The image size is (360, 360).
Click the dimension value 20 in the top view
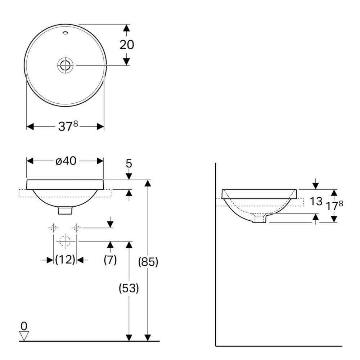pos(127,45)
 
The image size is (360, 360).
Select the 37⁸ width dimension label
pos(68,126)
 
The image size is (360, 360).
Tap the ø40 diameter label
pos(66,161)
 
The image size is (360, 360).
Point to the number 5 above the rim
pos(129,163)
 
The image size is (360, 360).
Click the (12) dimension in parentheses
pos(65,260)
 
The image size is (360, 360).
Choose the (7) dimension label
pos(110,260)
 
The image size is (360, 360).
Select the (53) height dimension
pos(129,288)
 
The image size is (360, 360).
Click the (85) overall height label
pos(148,262)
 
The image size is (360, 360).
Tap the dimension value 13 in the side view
pos(316,201)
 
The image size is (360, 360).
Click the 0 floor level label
pos(24,326)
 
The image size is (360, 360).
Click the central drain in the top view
pos(65,65)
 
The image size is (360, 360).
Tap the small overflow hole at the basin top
pos(66,33)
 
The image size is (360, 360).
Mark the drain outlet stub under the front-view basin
pos(65,210)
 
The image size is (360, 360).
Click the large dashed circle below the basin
pos(65,241)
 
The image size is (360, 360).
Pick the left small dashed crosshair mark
pos(53,228)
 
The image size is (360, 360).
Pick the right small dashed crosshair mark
pos(77,228)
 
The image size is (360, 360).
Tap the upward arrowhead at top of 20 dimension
pos(126,28)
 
